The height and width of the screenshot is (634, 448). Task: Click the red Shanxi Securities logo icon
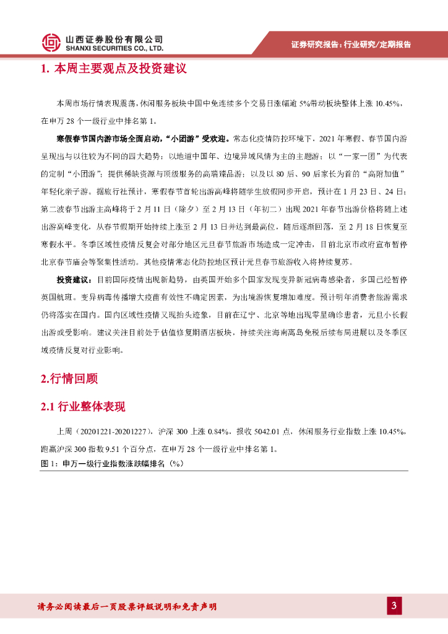(51, 41)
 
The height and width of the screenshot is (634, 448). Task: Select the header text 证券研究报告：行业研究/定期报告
(351, 45)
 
